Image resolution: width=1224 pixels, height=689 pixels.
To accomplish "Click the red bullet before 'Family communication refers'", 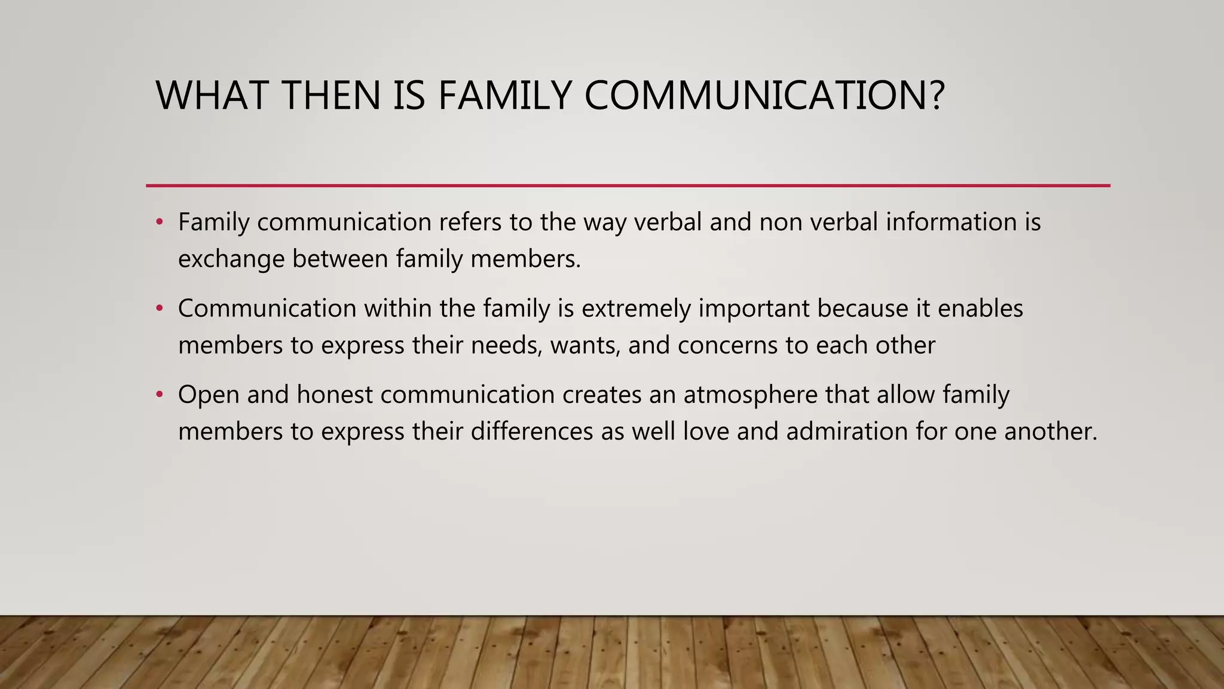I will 159,222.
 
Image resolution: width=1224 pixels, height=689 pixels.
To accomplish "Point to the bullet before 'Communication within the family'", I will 159,309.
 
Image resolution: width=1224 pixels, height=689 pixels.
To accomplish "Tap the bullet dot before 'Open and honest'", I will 159,395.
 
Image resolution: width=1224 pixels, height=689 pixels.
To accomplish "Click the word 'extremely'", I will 636,309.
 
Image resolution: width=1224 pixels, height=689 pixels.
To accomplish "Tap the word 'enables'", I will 980,309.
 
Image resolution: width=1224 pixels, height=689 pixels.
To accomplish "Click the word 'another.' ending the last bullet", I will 1051,432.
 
